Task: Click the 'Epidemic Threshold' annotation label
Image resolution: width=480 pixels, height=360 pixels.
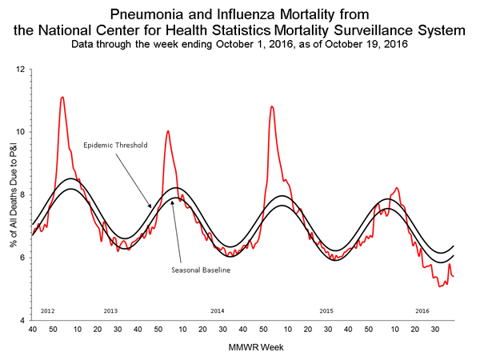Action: [116, 146]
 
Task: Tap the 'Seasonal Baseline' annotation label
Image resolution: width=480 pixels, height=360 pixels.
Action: [201, 270]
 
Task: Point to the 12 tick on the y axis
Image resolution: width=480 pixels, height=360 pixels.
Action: [24, 70]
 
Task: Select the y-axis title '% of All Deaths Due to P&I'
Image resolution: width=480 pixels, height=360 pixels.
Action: [8, 194]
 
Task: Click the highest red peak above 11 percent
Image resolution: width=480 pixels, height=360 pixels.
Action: [62, 97]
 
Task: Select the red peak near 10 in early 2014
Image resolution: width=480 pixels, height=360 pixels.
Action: [167, 130]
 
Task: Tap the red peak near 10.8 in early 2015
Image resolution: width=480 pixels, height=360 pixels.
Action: [272, 106]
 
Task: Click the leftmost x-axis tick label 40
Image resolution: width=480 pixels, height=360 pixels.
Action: [32, 329]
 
